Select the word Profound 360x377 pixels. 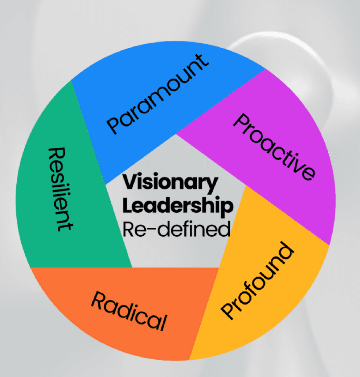click(x=259, y=280)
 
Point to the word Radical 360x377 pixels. click(x=129, y=311)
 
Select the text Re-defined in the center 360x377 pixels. click(x=176, y=229)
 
